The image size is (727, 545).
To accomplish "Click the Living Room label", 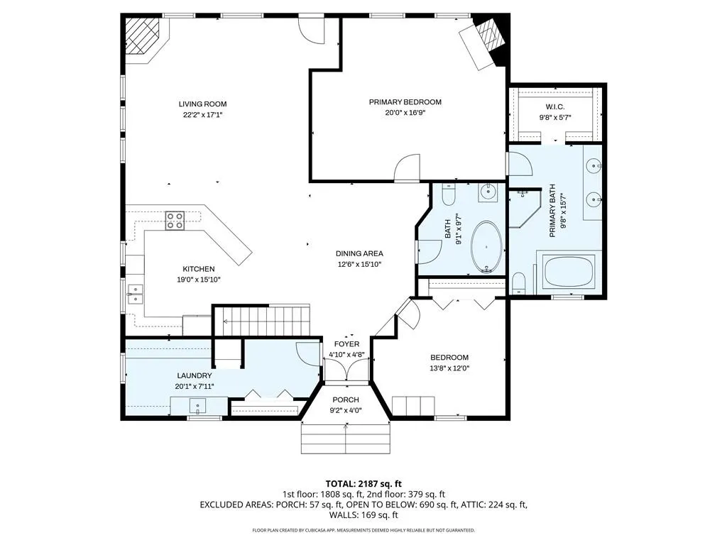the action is click(x=202, y=104).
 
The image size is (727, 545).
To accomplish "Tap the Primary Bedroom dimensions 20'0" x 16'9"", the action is click(x=405, y=112).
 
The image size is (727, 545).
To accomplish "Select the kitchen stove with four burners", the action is click(x=175, y=221).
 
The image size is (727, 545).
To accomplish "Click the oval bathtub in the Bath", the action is click(x=486, y=247).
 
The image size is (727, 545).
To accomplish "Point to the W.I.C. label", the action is click(x=555, y=107).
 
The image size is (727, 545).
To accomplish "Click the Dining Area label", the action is click(x=359, y=253).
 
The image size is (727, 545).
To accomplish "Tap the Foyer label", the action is click(x=346, y=344).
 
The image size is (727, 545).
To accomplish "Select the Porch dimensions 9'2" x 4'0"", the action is click(x=346, y=410).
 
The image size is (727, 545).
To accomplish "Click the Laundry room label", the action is click(x=195, y=376).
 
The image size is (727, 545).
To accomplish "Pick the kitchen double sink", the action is click(x=135, y=294).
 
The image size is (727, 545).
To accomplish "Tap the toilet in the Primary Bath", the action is click(x=519, y=284).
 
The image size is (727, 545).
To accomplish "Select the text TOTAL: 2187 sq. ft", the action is click(x=363, y=484).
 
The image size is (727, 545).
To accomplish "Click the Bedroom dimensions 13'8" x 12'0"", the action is click(x=449, y=368).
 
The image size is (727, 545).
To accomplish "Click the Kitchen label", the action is click(x=199, y=269).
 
